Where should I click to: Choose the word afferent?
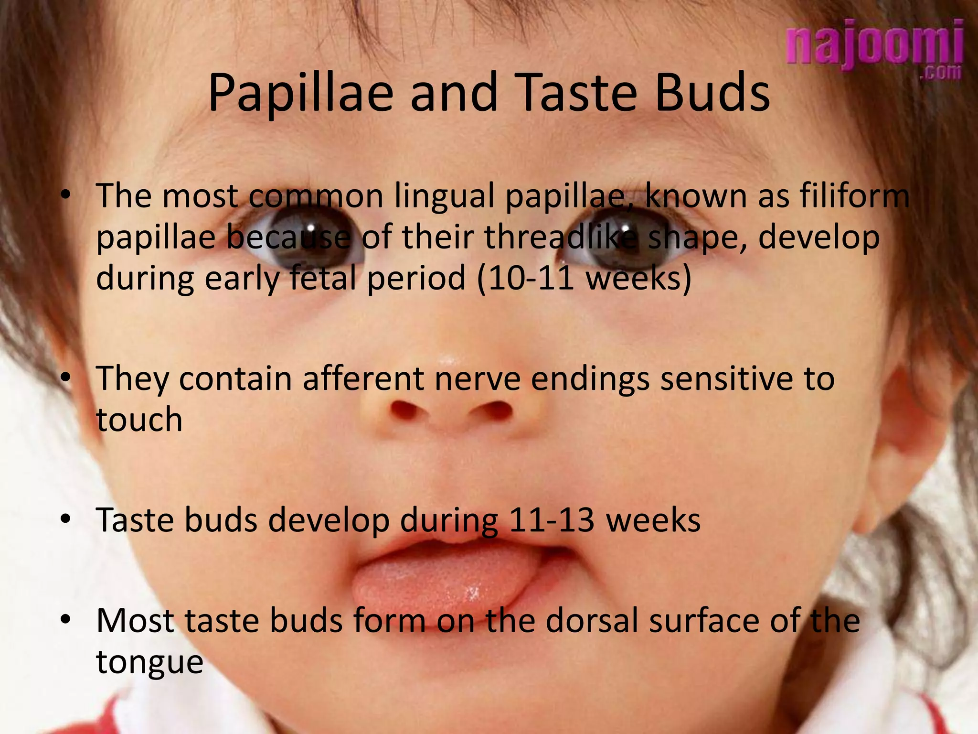363,378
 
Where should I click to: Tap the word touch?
139,420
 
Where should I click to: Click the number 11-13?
552,520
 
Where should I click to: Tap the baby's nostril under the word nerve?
492,410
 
